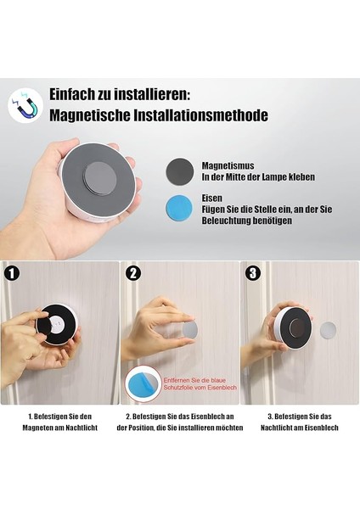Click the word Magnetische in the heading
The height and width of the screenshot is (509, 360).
[x=85, y=115]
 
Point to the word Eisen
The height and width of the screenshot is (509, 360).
[x=211, y=199]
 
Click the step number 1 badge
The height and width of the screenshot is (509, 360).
[x=11, y=273]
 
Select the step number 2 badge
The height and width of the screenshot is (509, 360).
[x=132, y=273]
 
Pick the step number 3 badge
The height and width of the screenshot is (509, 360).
[x=254, y=273]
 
